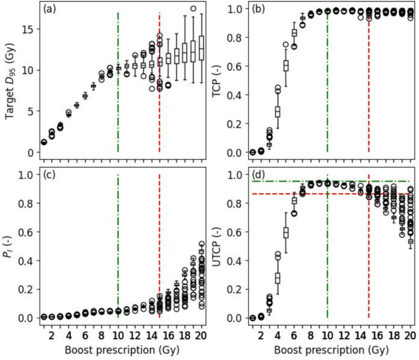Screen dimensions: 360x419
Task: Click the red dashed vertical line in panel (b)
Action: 369,92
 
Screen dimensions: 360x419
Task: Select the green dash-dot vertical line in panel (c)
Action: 118,244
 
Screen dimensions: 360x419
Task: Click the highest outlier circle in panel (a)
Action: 193,9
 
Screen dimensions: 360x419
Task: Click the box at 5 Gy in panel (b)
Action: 286,65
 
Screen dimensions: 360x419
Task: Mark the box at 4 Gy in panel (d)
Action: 277,277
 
